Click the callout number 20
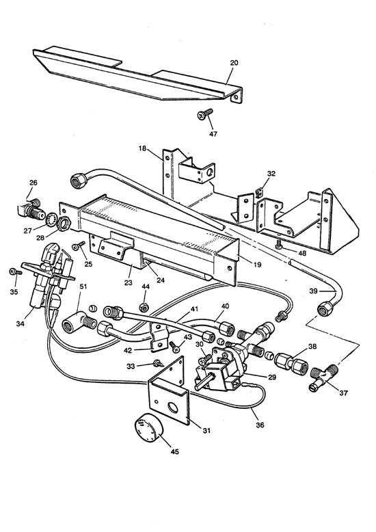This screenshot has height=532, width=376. (234, 63)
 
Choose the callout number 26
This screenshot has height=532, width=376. (32, 183)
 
